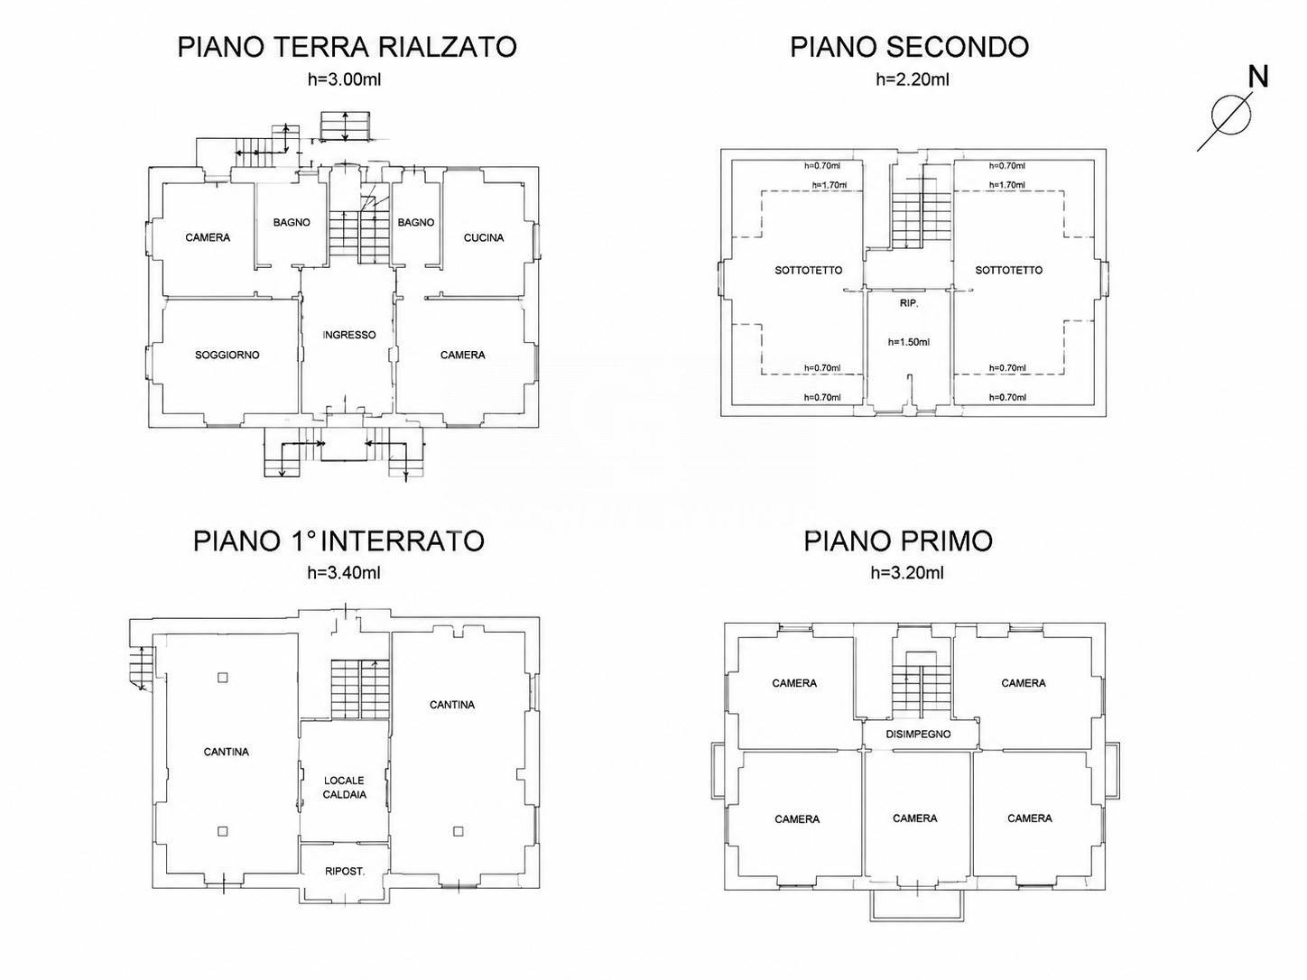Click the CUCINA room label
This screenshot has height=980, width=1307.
point(484,238)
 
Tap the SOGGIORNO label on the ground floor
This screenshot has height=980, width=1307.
point(227,356)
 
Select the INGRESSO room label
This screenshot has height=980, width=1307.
point(349,335)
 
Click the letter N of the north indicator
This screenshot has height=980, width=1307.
point(1257,78)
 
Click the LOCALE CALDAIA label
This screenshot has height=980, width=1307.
point(344,787)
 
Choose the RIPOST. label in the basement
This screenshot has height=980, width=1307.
point(345,871)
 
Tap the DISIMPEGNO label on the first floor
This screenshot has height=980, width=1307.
point(918,735)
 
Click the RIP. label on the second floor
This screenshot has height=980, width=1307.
point(909,303)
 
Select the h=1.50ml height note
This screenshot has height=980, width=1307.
point(909,342)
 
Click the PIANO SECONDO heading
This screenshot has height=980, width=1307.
point(909,47)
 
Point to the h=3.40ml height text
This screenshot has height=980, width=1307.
point(344,572)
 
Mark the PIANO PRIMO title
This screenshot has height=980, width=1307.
point(898,541)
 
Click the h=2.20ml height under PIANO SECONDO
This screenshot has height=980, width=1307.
point(913,79)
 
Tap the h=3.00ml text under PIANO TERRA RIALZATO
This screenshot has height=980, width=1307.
point(344,79)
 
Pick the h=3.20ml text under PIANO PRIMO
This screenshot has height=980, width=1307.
point(907,572)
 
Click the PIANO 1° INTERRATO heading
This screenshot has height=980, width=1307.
point(338,541)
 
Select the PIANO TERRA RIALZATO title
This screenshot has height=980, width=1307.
point(348,47)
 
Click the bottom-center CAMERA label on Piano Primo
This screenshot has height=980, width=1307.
point(915,818)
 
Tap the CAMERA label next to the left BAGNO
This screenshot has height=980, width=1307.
point(208,238)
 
